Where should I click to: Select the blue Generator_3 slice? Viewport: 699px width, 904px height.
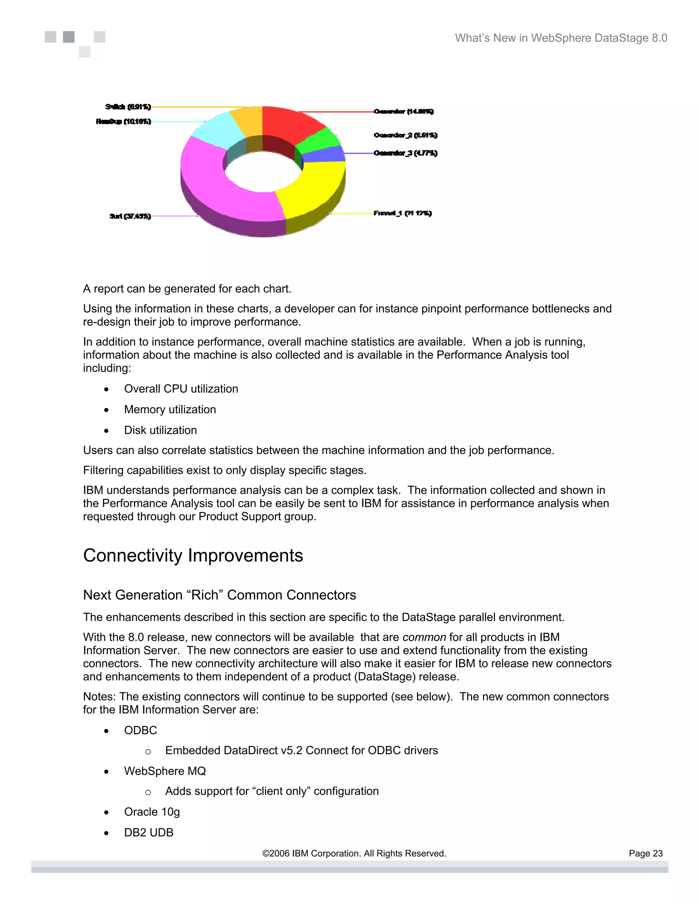[x=325, y=155]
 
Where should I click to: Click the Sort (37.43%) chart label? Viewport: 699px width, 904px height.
[x=130, y=216]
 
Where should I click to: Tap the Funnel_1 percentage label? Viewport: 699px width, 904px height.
[x=402, y=213]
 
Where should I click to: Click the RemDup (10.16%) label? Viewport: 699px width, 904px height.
[x=124, y=121]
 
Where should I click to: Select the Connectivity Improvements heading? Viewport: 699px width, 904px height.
[x=193, y=555]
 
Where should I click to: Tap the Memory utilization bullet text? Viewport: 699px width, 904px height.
[x=170, y=409]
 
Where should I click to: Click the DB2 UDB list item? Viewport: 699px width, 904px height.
[x=149, y=832]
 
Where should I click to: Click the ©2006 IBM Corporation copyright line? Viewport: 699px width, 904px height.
[x=354, y=854]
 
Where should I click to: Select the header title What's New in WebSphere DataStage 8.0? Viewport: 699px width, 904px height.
[x=561, y=38]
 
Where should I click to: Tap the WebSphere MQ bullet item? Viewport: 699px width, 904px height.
[x=165, y=771]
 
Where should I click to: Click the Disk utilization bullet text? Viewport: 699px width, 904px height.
[x=160, y=430]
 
